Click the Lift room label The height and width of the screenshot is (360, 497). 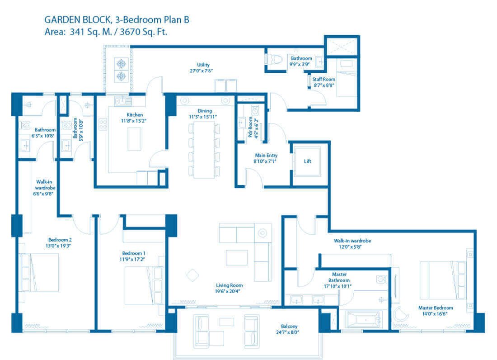(x=307, y=161)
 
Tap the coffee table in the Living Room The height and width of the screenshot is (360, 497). (x=237, y=257)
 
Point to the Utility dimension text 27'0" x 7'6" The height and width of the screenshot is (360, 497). (x=201, y=71)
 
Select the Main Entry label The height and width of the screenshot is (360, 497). (x=266, y=156)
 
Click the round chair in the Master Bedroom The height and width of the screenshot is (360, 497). (x=399, y=315)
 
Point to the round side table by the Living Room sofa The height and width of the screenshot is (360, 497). (x=263, y=233)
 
